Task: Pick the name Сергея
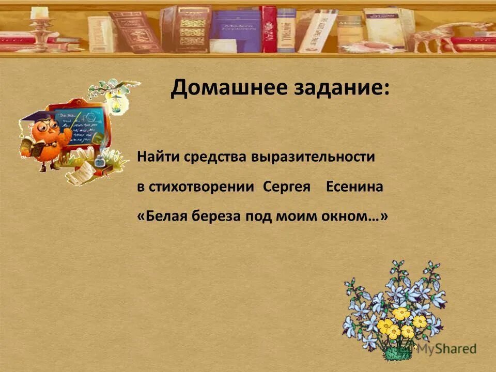(287, 187)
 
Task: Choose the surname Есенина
(355, 187)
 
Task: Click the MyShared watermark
(446, 349)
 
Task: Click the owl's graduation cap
(32, 117)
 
